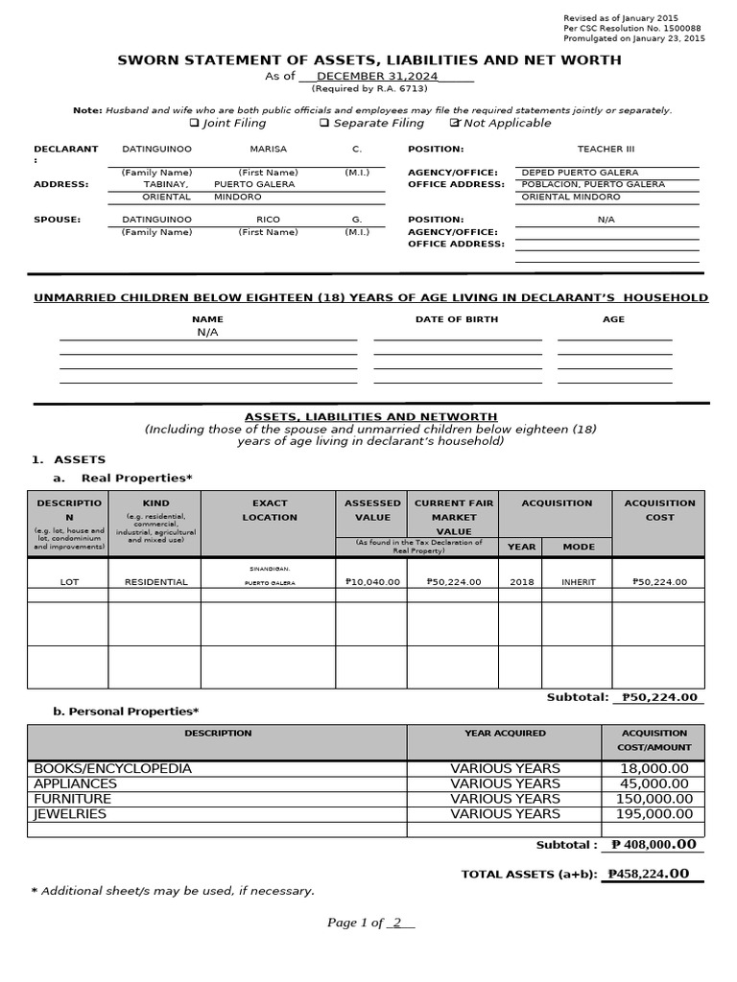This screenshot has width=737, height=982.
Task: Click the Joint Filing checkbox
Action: (x=194, y=123)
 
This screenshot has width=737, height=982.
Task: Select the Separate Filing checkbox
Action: (x=324, y=123)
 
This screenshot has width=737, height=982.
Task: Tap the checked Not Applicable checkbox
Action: (x=455, y=123)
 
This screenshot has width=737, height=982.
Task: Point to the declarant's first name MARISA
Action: (x=269, y=149)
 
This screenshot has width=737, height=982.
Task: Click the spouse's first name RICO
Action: (x=269, y=219)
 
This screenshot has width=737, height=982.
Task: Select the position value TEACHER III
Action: (x=606, y=149)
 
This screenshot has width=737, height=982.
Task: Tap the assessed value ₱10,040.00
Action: (x=372, y=581)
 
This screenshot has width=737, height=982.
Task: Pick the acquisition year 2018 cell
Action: (x=521, y=581)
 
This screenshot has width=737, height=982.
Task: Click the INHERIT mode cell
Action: (x=578, y=581)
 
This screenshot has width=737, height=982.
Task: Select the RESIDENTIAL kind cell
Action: (x=155, y=581)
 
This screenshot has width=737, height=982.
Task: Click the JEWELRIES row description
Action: (x=70, y=813)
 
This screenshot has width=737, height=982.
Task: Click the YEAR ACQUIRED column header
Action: (x=505, y=733)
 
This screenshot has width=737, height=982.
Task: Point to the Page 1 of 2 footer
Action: (x=369, y=923)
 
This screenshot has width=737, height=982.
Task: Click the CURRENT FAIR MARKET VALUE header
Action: (x=454, y=517)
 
